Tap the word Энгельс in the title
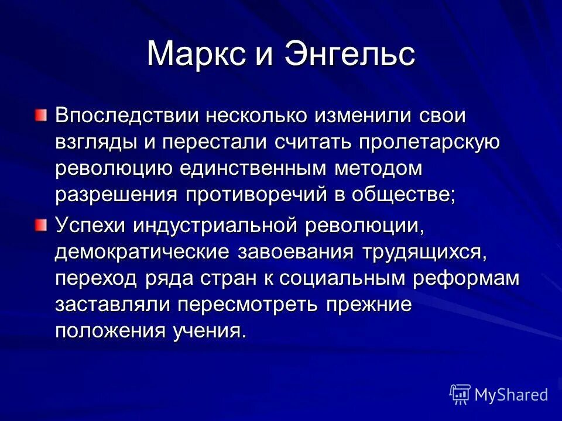coord(350,54)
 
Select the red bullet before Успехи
coord(40,225)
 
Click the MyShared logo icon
coord(460,395)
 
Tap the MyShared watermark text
coord(511,395)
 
